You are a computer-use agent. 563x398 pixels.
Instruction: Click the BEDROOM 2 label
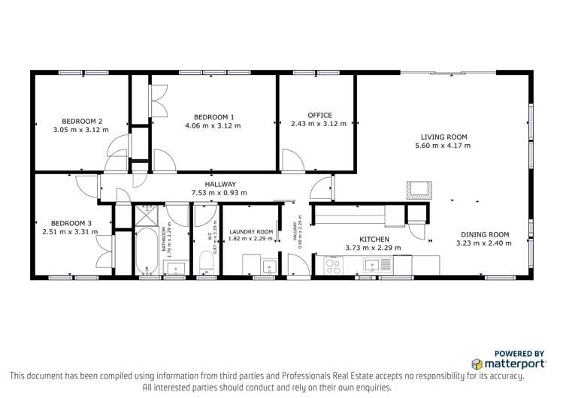(82, 121)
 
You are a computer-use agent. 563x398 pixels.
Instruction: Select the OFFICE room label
(319, 115)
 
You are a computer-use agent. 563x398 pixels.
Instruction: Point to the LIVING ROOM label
(446, 137)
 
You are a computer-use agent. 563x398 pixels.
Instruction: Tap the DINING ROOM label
(484, 234)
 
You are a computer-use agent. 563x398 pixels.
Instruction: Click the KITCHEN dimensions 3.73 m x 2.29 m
(373, 248)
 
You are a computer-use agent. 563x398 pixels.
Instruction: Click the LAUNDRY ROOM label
(251, 232)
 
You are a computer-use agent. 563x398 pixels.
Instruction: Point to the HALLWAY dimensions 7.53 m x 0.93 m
(219, 193)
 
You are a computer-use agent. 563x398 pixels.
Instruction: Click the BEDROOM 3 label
(71, 223)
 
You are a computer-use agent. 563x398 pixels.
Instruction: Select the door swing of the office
(290, 160)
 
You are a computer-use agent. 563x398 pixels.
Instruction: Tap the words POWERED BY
(519, 353)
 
